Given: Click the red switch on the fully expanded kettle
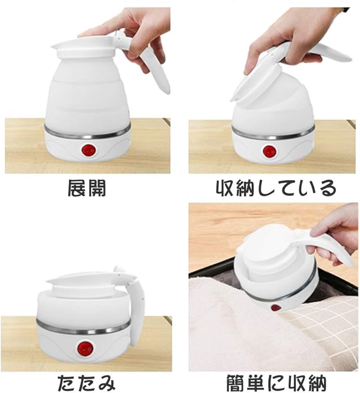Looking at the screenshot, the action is (89, 150).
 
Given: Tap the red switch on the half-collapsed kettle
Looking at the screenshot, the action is (269, 151).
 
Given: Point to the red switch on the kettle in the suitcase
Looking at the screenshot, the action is (276, 308).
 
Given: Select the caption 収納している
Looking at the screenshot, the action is (276, 188).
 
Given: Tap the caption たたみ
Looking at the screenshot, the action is (87, 383).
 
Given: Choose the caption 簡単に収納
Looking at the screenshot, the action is (276, 383).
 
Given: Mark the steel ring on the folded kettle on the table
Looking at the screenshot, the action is (84, 328).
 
